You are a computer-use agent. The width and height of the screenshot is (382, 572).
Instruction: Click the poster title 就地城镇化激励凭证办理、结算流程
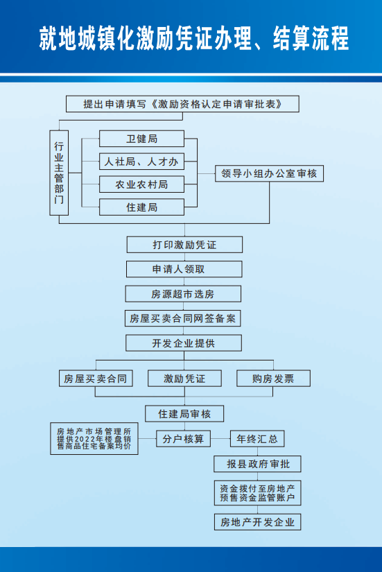point(193,38)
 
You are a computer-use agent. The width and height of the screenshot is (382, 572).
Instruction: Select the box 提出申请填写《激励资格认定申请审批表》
point(182,104)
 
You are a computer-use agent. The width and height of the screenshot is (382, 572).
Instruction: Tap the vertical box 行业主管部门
point(59,173)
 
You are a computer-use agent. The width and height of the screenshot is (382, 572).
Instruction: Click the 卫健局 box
point(141,139)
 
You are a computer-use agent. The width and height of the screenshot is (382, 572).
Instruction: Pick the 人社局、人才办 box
point(141,162)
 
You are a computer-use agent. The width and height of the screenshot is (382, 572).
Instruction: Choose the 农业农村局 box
point(141,184)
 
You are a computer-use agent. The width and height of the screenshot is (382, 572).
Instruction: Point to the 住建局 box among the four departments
point(141,207)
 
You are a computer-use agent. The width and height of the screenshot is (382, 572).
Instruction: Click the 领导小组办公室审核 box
point(269,173)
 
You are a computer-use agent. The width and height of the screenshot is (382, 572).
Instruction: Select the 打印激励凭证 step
point(184,245)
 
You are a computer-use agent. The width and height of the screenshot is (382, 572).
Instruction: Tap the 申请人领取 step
point(184,269)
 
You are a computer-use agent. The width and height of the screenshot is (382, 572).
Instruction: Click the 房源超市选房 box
point(183,294)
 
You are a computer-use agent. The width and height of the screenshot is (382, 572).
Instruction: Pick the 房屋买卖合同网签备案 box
point(183,318)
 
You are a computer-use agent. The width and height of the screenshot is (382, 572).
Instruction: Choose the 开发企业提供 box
point(184,343)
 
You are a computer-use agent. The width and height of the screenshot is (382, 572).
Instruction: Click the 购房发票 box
point(274,379)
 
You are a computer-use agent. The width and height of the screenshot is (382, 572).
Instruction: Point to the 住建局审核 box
point(184,414)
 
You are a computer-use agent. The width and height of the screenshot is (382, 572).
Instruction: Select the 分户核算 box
point(184,439)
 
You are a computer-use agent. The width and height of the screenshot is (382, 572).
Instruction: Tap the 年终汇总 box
point(257,439)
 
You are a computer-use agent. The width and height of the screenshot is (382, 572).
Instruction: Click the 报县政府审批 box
point(258,464)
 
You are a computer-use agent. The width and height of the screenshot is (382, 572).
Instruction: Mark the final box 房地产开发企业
point(258,522)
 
